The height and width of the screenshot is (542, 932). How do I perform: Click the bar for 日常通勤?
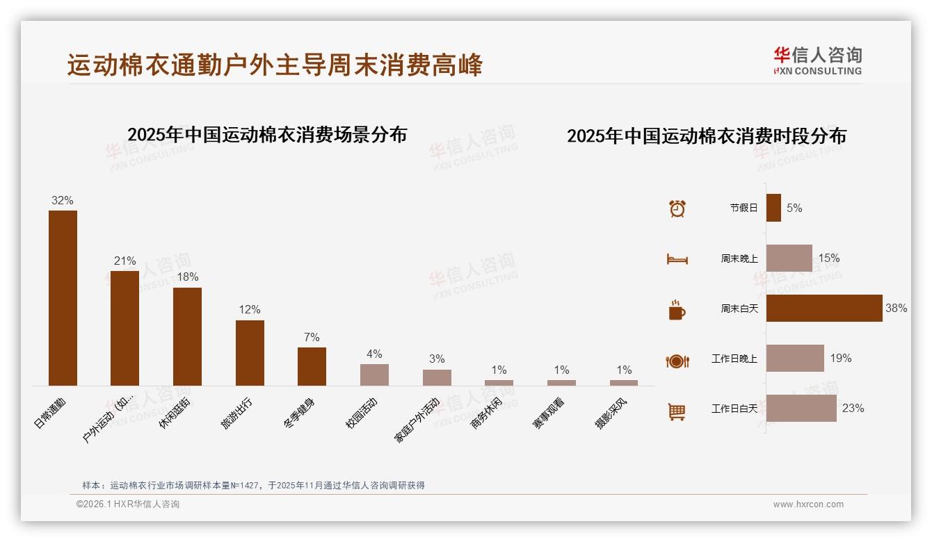(x=63, y=298)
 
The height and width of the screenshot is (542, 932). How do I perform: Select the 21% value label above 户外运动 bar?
(x=125, y=261)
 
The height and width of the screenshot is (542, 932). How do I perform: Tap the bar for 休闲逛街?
(x=187, y=336)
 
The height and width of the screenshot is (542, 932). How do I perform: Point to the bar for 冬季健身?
(x=312, y=366)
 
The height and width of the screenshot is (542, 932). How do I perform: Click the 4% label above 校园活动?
(x=374, y=354)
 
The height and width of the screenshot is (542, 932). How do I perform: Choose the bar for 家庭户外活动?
(x=437, y=377)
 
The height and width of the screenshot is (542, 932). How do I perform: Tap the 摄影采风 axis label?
(x=611, y=414)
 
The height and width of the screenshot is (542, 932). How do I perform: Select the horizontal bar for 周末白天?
(x=824, y=308)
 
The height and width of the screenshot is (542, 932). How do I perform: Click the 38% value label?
(x=896, y=308)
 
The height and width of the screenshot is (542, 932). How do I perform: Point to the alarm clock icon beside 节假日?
(x=677, y=208)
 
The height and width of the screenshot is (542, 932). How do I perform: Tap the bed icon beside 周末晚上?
(x=677, y=258)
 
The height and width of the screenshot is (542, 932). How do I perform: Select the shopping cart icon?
(x=677, y=411)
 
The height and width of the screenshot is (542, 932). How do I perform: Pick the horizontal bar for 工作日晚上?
(x=795, y=359)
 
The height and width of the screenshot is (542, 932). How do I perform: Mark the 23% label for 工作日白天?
(x=853, y=409)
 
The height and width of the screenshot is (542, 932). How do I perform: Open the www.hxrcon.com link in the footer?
(x=808, y=504)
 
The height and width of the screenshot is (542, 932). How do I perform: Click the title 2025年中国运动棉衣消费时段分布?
(x=707, y=136)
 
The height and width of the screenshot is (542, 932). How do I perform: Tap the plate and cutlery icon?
(x=677, y=361)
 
